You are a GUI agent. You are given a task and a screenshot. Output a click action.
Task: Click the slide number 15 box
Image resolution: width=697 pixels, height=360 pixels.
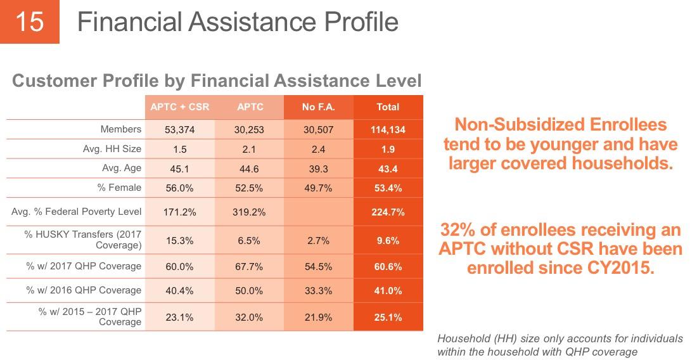[x=30, y=22]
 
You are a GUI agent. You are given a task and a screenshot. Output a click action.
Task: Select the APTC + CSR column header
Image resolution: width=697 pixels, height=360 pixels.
[x=180, y=107]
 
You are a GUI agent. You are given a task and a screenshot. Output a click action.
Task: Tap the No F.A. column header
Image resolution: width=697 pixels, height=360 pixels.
[x=318, y=107]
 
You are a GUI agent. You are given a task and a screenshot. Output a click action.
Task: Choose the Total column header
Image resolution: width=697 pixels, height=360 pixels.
[x=388, y=107]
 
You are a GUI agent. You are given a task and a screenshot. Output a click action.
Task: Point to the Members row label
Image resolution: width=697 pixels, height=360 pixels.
[x=121, y=129]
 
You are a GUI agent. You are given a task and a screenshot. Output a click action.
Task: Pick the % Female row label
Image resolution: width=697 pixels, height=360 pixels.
[x=119, y=188]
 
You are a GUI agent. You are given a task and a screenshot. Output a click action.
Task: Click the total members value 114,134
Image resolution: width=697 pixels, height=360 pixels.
[x=388, y=130]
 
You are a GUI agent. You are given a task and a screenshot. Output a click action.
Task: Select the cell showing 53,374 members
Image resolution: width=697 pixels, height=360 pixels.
[x=179, y=130]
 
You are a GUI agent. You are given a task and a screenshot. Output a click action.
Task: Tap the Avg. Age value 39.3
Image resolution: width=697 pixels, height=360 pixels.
[x=318, y=169]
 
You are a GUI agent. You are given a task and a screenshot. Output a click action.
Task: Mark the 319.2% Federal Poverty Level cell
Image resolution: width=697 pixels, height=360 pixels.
[x=250, y=212]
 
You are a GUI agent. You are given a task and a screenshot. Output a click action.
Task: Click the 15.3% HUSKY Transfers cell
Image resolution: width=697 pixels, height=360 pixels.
[x=179, y=241]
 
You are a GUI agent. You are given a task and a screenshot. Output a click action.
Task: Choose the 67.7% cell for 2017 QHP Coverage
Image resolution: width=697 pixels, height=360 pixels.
[x=250, y=267]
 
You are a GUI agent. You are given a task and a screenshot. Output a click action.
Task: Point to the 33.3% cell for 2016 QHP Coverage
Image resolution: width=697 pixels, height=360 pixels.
[x=318, y=291]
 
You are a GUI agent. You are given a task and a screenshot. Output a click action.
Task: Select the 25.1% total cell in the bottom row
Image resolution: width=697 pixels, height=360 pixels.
[x=388, y=318]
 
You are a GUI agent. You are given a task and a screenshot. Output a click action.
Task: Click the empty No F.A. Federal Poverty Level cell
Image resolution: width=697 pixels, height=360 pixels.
[x=318, y=212]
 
